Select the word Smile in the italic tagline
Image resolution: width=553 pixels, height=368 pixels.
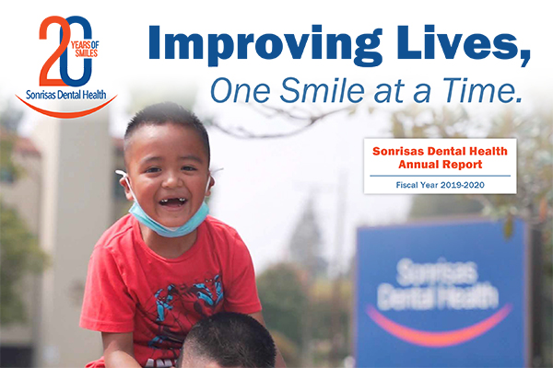click(322, 90)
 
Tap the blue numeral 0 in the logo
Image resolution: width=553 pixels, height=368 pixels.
click(76, 52)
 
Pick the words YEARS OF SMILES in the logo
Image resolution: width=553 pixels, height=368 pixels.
click(85, 49)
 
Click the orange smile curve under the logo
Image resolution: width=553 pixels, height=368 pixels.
click(65, 112)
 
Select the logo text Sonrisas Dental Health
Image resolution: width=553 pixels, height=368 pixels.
click(66, 95)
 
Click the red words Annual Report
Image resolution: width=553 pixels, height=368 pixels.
click(441, 165)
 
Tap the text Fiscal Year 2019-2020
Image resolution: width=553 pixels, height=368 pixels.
click(441, 185)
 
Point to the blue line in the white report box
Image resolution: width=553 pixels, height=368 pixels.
click(441, 176)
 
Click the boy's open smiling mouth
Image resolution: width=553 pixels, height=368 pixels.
click(173, 203)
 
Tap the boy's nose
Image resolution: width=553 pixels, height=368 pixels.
click(171, 182)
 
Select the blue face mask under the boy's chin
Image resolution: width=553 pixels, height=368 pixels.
click(169, 219)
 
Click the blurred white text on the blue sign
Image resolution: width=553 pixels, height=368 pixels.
click(437, 284)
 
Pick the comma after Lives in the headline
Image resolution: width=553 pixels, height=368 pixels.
click(524, 57)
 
